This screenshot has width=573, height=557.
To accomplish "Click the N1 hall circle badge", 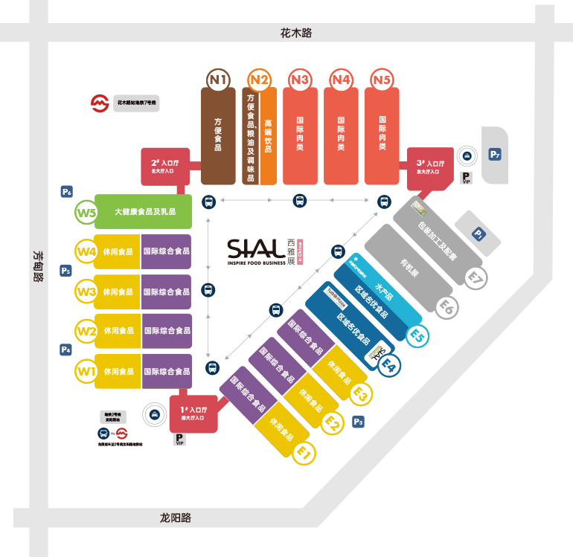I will [x=219, y=80].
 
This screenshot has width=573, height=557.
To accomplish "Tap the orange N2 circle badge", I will [x=260, y=80].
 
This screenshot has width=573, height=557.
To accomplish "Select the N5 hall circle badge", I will [x=382, y=80].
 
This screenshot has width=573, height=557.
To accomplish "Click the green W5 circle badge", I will [x=86, y=213].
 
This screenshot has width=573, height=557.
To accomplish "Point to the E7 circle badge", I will [x=476, y=277].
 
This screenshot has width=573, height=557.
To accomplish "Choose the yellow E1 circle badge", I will [x=304, y=451].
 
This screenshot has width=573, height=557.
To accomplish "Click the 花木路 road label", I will [x=295, y=33].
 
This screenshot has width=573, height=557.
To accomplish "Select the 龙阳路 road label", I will [x=176, y=518].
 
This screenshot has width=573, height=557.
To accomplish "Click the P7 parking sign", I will [x=495, y=155].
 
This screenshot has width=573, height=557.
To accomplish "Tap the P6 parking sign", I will [x=67, y=192].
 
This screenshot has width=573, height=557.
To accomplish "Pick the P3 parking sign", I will [x=359, y=422].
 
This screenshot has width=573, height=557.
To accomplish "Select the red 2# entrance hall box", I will [x=165, y=167].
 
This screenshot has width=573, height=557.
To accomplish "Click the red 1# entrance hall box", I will [x=193, y=412].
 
